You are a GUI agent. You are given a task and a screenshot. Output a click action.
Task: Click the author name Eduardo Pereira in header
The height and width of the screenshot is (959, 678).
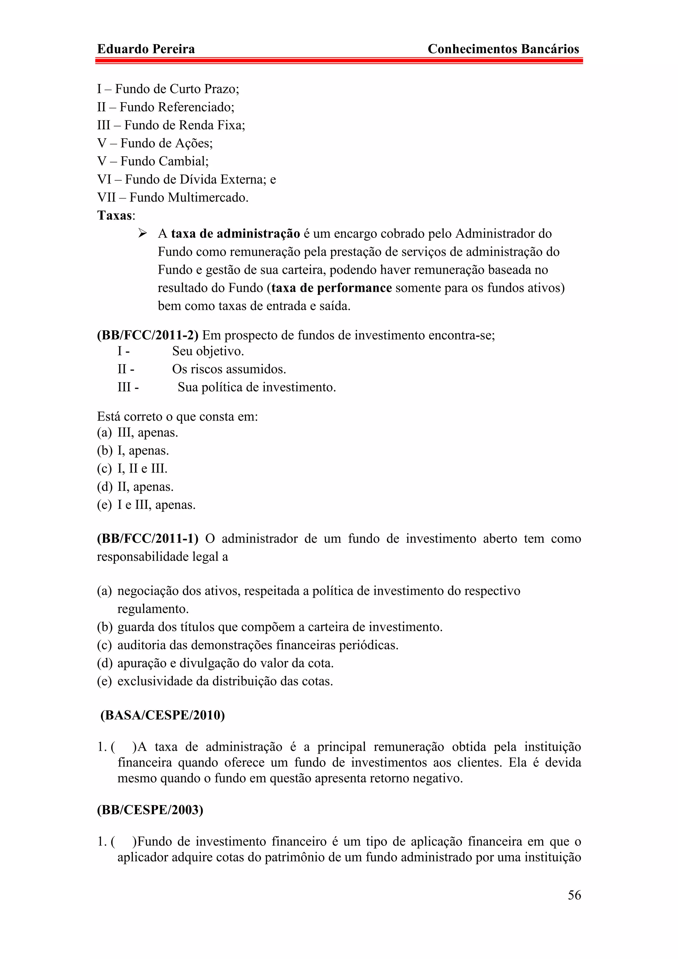coord(146,49)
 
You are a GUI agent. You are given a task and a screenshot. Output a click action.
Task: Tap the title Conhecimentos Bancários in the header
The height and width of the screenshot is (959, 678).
coord(503,49)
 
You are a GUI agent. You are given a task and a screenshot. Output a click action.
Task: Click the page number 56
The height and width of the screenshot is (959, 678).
coord(574,895)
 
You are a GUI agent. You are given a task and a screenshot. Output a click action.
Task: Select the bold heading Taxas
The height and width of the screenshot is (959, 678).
coord(115,215)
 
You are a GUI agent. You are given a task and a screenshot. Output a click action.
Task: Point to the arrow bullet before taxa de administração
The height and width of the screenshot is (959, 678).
coord(142,234)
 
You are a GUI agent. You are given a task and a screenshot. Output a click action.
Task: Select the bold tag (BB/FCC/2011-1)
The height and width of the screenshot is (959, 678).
coord(147,538)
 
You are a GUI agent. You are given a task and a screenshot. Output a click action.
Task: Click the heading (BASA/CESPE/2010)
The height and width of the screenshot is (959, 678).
coord(163,715)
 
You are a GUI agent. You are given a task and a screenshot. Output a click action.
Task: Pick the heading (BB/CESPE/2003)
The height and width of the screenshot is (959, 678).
coord(150,810)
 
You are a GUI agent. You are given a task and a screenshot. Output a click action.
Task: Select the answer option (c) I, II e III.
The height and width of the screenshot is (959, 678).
coord(132,469)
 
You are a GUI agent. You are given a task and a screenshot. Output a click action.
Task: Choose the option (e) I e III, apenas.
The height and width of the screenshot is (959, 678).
coord(146,505)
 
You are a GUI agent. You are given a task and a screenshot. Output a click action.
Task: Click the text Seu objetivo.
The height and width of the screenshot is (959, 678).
coord(208,351)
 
